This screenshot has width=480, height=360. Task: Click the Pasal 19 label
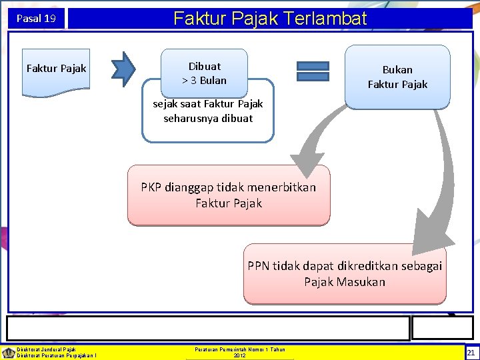[36, 19]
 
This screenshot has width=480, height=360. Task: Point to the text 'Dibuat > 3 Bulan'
[204, 73]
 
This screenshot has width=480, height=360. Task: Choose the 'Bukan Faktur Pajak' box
[397, 77]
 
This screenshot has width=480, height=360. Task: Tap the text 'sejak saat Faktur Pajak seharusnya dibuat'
[208, 111]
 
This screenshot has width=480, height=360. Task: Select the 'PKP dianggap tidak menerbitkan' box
[229, 195]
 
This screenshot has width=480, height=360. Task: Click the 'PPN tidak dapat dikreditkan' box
[345, 274]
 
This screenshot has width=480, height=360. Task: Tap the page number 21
[471, 353]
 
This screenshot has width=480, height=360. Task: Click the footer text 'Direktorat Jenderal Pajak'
[47, 349]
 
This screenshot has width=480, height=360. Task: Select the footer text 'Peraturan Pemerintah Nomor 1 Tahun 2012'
[240, 352]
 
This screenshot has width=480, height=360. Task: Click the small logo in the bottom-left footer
[8, 352]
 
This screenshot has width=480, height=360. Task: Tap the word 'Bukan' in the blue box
[397, 69]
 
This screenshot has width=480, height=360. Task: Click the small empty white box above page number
[433, 328]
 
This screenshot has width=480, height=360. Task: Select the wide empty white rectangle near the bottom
[208, 328]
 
